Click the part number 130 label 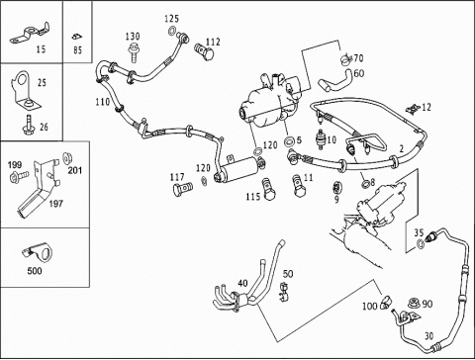click(133, 37)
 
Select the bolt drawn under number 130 click(134, 52)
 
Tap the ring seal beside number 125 click(171, 31)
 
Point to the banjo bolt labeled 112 click(204, 51)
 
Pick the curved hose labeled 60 click(335, 81)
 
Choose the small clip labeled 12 click(413, 108)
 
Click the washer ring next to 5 click(289, 142)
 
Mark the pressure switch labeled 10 click(321, 139)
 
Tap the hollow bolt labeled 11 click(298, 186)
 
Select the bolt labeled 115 click(268, 190)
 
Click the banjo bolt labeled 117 click(182, 189)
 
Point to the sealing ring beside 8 click(365, 184)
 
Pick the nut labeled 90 click(413, 304)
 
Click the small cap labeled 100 click(385, 302)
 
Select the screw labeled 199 click(19, 176)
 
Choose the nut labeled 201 click(67, 158)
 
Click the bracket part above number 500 click(39, 252)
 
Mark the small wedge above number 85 click(77, 37)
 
